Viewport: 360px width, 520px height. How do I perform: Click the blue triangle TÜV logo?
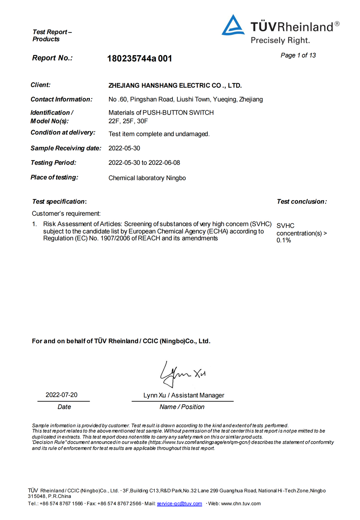point(233,26)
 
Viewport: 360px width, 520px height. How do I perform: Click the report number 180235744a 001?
point(139,58)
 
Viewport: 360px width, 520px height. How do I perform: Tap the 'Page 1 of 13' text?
point(298,55)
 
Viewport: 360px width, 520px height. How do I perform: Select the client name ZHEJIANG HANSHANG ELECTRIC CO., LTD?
point(175,86)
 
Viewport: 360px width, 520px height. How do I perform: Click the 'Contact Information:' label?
point(61,99)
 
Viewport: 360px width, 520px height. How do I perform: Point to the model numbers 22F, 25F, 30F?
point(128,121)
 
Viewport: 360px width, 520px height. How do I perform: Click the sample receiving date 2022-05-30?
point(124,148)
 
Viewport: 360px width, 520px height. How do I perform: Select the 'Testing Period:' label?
point(53,163)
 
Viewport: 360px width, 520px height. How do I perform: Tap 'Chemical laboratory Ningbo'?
point(147,178)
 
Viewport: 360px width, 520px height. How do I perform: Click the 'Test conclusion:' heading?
point(302,202)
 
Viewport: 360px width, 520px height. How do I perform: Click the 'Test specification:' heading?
point(59,202)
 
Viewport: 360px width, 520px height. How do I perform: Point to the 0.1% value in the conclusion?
point(284,241)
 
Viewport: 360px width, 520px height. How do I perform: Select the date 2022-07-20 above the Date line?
point(62,395)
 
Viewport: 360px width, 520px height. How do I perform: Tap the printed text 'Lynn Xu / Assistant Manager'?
point(184,395)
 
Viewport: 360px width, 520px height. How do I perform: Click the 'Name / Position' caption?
point(182,407)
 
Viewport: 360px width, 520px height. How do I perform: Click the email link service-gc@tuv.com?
point(179,504)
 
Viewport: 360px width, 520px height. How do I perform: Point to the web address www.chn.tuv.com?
point(240,504)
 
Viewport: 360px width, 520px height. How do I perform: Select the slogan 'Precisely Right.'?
point(280,40)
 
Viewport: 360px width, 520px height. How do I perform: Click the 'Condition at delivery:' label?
point(63,133)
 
